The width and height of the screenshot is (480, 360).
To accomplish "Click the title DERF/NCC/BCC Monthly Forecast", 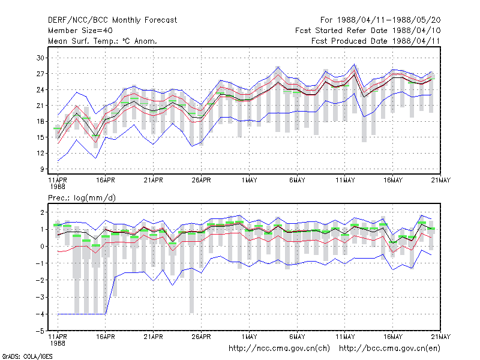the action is pyautogui.click(x=112, y=20).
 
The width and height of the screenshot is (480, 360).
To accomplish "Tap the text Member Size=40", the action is pyautogui.click(x=80, y=31).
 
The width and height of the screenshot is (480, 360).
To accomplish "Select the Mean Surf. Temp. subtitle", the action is pyautogui.click(x=102, y=41).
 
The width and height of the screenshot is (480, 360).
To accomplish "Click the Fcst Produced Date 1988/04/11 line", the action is pyautogui.click(x=376, y=41).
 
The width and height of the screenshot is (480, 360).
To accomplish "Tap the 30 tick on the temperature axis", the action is pyautogui.click(x=40, y=58).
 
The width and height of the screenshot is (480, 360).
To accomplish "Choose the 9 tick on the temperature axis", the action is pyautogui.click(x=42, y=169).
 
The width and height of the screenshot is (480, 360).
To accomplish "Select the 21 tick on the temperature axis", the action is pyautogui.click(x=40, y=106).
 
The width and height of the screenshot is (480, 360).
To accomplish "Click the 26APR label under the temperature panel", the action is pyautogui.click(x=201, y=180).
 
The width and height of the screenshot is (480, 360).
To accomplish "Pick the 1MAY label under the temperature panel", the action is pyautogui.click(x=249, y=180).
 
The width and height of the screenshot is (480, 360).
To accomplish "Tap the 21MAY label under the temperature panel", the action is pyautogui.click(x=441, y=180).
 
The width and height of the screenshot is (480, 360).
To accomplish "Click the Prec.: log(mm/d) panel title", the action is pyautogui.click(x=82, y=198).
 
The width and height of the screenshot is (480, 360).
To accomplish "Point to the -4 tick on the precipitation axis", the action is pyautogui.click(x=40, y=314).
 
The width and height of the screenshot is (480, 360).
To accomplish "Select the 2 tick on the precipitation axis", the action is pyautogui.click(x=42, y=212).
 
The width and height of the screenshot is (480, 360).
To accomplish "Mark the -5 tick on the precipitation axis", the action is pyautogui.click(x=40, y=331).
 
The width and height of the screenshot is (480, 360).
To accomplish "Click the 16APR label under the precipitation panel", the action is pyautogui.click(x=106, y=337).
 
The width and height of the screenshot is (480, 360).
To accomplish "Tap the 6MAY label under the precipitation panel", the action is pyautogui.click(x=297, y=337).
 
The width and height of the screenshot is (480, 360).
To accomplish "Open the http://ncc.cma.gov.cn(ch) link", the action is pyautogui.click(x=279, y=349).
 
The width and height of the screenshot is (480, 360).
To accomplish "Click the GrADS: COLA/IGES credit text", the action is pyautogui.click(x=27, y=356).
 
